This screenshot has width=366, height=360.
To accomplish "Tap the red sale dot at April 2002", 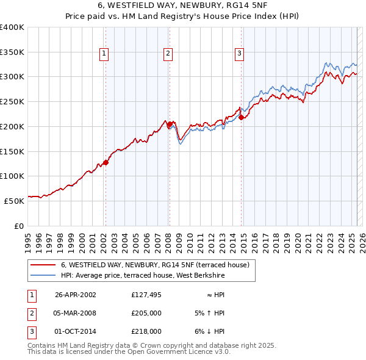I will pos(106,162).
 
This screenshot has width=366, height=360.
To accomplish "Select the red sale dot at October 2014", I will pos(241,117).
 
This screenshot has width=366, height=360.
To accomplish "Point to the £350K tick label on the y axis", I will pos(12,52).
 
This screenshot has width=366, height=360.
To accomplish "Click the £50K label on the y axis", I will pos(14,200).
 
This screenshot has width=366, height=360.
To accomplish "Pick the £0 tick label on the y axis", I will pos(20,226).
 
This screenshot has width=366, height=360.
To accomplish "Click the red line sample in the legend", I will pos(43,265).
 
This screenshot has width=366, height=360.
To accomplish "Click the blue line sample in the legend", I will pos(43,276).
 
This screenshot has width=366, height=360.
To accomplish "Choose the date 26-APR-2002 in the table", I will pos(76,295).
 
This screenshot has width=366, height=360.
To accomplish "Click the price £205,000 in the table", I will pos(146,313).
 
